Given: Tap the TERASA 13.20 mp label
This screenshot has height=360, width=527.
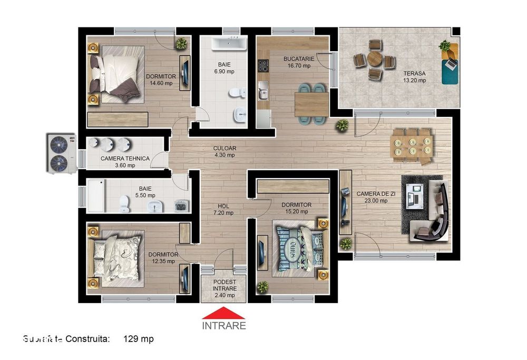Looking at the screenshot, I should coord(415,77).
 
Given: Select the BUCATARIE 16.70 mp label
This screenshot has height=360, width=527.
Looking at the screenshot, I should coord(299,62).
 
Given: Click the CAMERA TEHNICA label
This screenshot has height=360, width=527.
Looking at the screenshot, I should coord(125,161).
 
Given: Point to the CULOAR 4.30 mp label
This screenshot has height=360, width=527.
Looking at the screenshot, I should coord(224,152).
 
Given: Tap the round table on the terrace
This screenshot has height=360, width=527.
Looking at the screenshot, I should coord(375,59).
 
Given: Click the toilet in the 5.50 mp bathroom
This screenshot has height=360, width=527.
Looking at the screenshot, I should coord(125,203).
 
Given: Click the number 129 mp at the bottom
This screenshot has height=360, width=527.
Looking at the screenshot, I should coord(138,339).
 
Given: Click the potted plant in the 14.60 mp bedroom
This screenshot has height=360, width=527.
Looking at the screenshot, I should coord(181,44).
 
